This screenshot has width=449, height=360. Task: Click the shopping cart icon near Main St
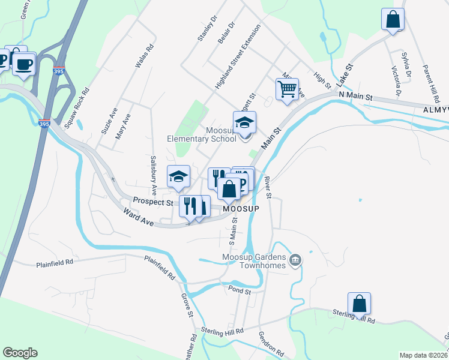point(287,89)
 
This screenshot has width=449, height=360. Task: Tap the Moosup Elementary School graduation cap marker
point(244,123)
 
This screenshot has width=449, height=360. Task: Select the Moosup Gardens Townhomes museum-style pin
point(295,260)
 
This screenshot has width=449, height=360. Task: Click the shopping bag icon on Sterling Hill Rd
point(359,304)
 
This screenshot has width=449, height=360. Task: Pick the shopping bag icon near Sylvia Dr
point(393,19)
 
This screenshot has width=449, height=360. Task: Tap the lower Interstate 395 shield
point(44,124)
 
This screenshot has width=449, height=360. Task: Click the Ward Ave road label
point(138,217)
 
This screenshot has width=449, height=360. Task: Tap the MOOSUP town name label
point(241,208)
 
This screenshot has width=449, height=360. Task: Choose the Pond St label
point(239,290)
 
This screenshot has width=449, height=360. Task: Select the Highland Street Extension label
point(238,57)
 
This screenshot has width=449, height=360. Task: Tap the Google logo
point(20,353)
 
